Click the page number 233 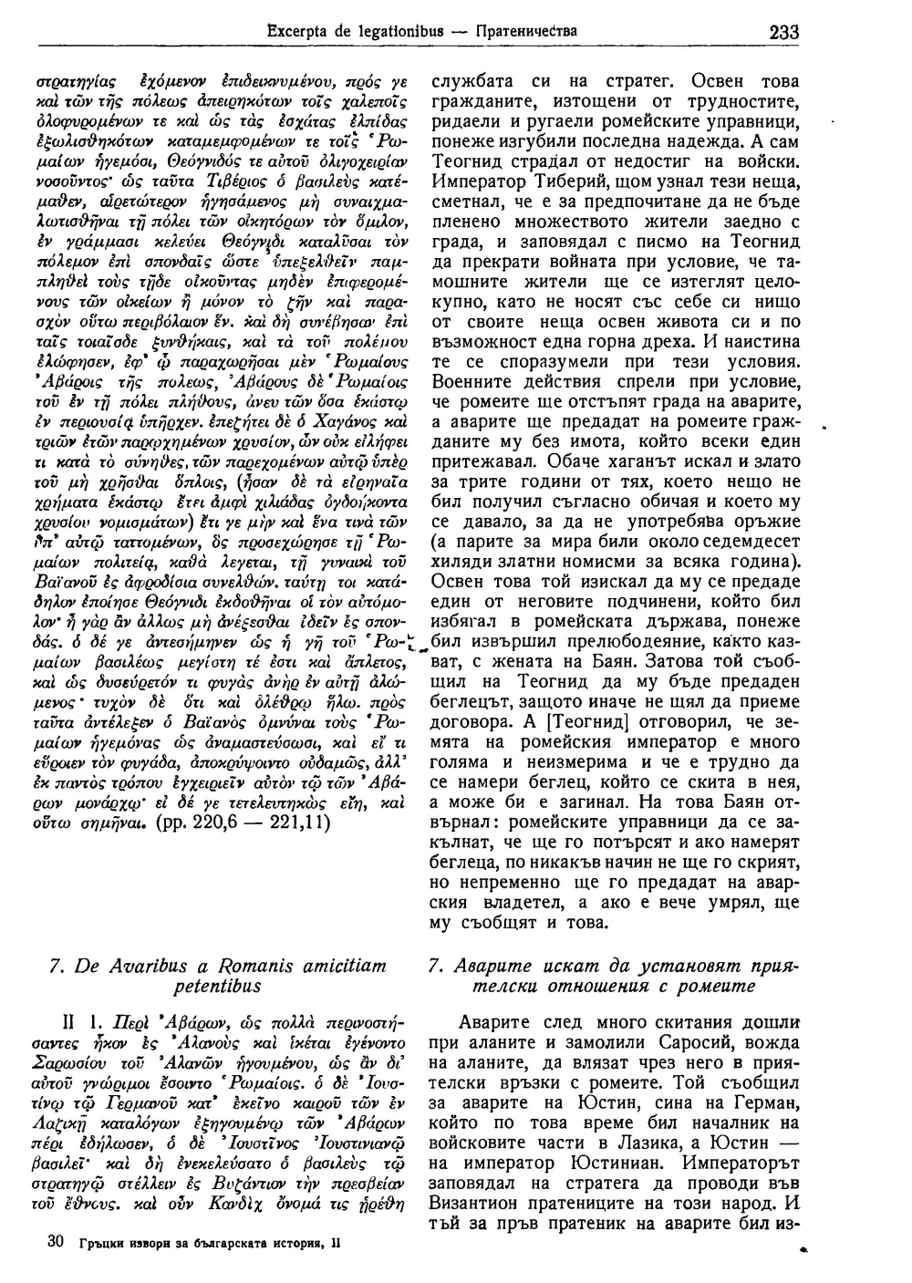click(783, 32)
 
